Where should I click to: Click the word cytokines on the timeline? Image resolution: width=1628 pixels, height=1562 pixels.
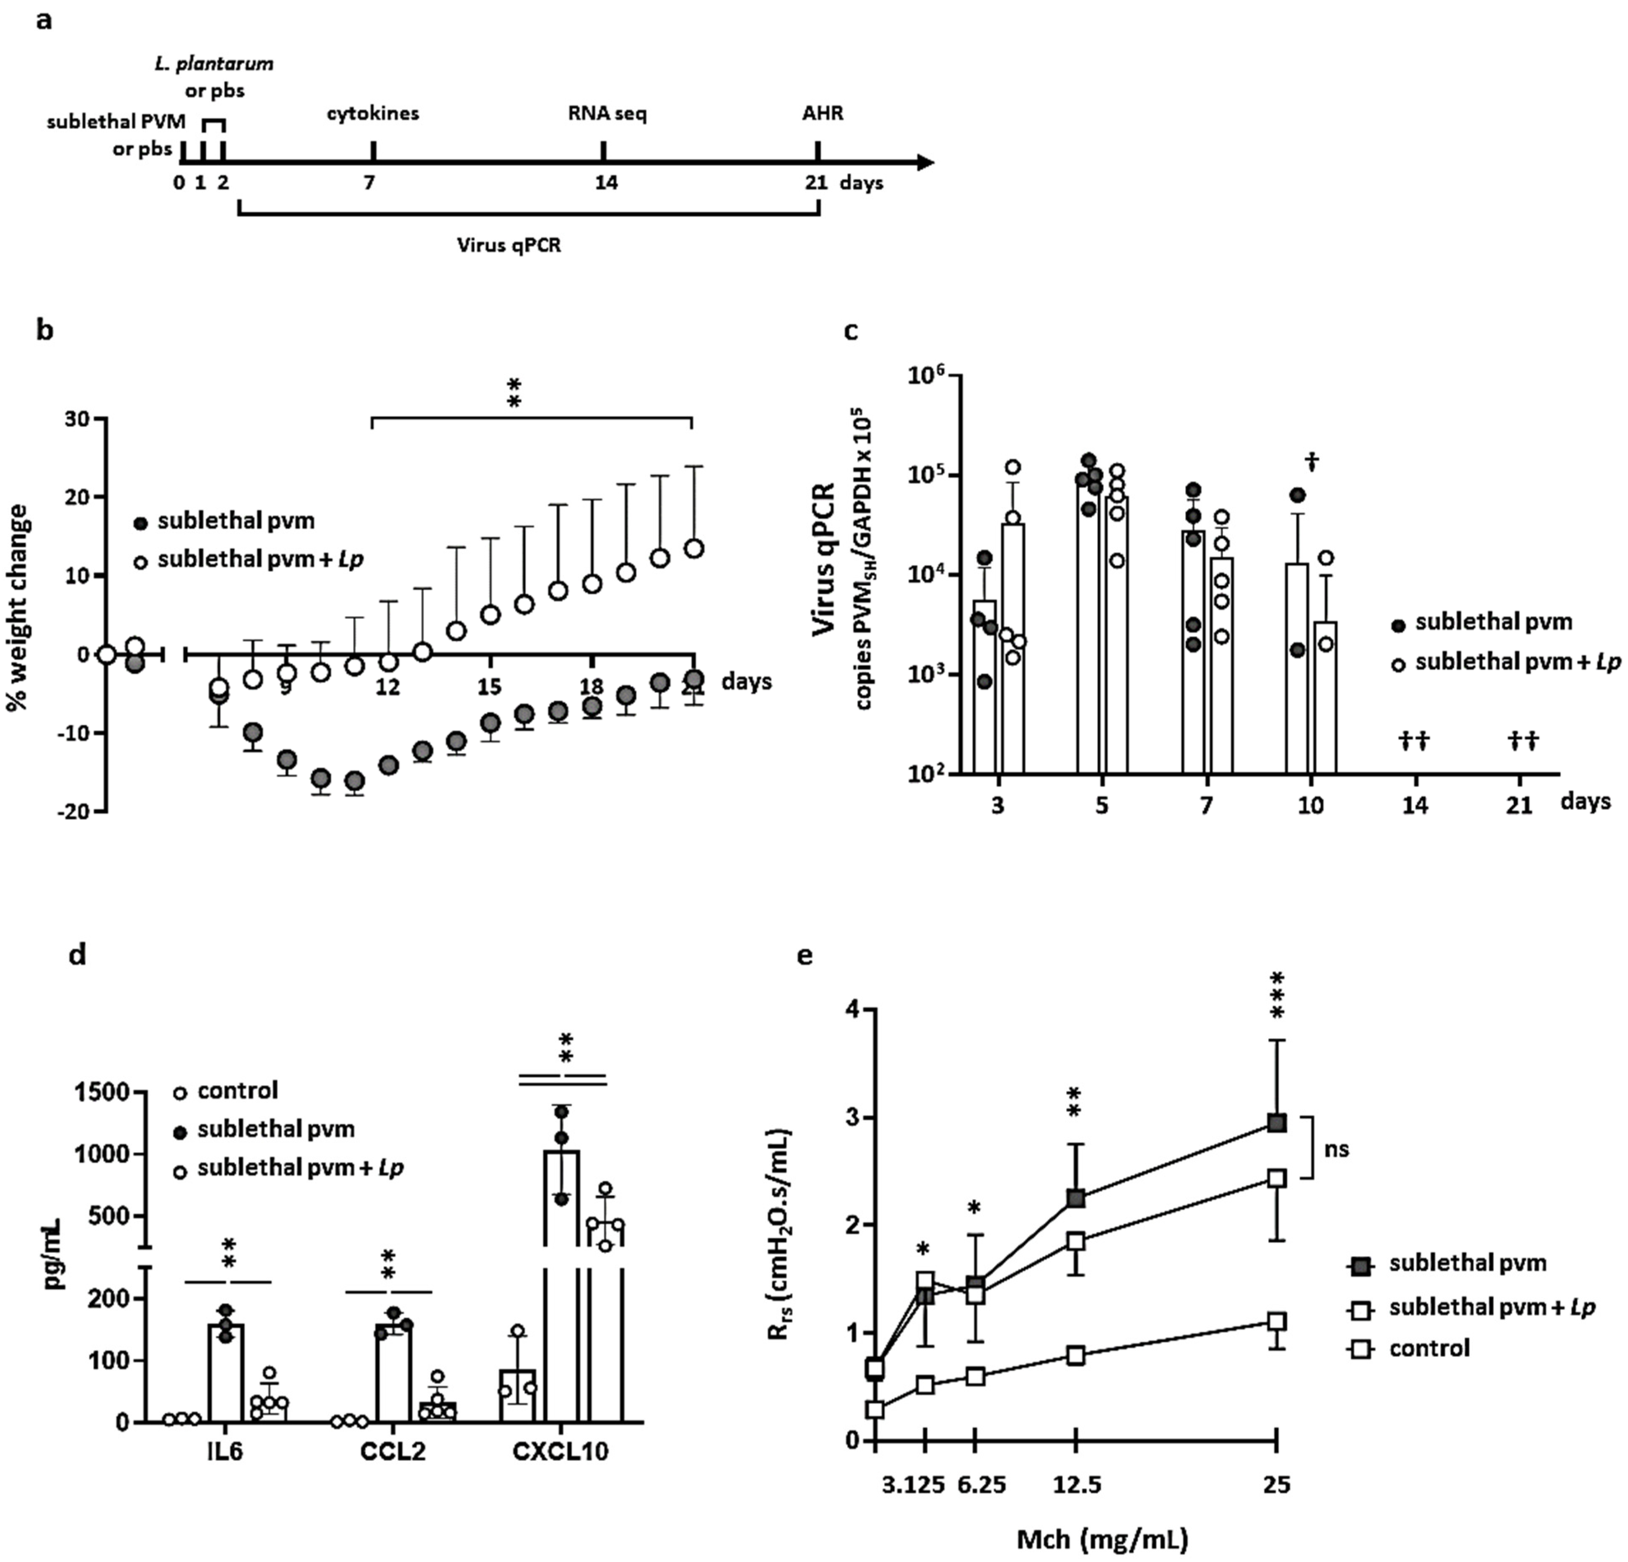pyautogui.click(x=372, y=113)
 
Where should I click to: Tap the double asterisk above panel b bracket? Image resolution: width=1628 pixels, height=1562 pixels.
pyautogui.click(x=514, y=393)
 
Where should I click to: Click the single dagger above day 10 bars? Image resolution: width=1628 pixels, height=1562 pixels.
pyautogui.click(x=1312, y=463)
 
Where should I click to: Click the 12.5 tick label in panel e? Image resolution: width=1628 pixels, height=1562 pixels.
pyautogui.click(x=1078, y=1484)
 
